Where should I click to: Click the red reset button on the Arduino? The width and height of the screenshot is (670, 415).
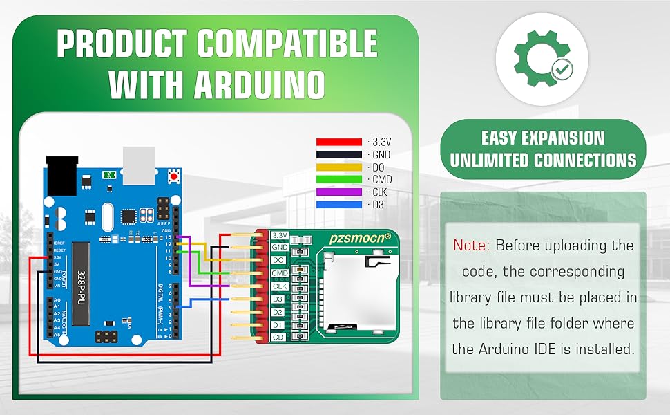[173, 176]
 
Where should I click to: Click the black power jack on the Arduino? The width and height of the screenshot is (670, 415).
[62, 174]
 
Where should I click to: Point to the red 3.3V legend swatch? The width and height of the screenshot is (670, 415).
[338, 142]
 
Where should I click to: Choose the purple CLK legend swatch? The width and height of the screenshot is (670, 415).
[338, 192]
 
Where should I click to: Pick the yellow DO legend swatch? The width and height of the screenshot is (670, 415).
[338, 167]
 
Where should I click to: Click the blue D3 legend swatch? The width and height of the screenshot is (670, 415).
[338, 204]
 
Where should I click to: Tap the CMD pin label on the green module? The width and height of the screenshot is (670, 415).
[280, 273]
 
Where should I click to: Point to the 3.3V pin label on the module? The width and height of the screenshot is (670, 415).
[280, 235]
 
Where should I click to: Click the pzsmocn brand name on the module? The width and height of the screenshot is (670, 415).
[360, 237]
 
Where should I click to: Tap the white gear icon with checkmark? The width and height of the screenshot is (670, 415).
[542, 59]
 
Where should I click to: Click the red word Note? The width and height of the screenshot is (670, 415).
[471, 246]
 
